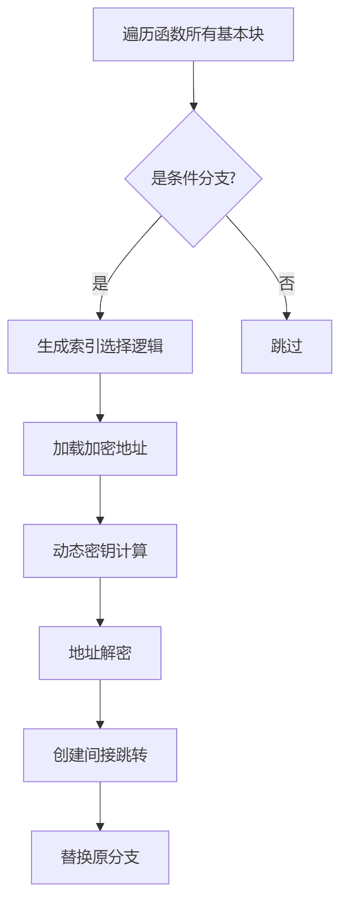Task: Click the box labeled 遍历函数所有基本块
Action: [193, 34]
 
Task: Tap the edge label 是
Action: [100, 283]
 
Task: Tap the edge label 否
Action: [286, 283]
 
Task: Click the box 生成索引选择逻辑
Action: [100, 347]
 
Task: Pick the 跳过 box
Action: [286, 347]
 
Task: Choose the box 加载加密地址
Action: [100, 449]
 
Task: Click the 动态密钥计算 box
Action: [100, 551]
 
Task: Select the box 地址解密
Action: [100, 653]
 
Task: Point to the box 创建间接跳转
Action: [100, 755]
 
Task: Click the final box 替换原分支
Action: [100, 857]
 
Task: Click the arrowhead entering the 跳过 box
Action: [286, 316]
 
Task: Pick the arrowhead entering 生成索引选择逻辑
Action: [100, 316]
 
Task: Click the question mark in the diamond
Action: [232, 178]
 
